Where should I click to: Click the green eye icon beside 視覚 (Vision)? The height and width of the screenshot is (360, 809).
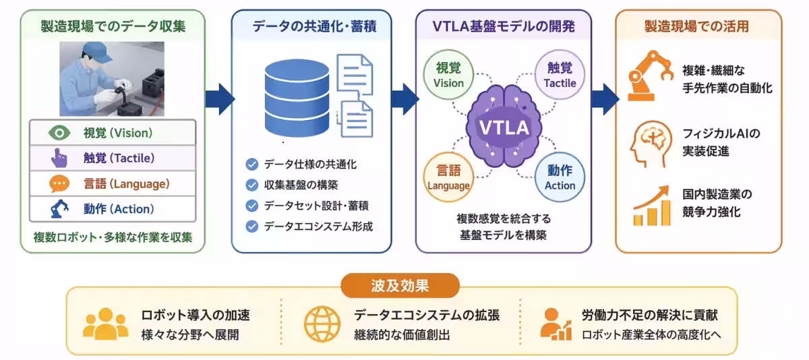click(x=59, y=133)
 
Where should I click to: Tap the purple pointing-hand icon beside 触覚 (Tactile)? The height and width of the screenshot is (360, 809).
click(x=59, y=158)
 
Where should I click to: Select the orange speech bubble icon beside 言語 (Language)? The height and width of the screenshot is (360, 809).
click(x=59, y=184)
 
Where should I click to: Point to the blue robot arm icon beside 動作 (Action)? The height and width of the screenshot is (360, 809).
click(x=59, y=209)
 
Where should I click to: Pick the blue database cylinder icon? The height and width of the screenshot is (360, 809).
click(x=297, y=98)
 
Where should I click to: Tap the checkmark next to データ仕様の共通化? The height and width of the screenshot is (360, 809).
click(x=251, y=164)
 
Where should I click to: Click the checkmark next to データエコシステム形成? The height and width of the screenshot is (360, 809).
click(x=251, y=227)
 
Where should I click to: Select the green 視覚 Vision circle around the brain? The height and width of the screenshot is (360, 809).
click(x=448, y=75)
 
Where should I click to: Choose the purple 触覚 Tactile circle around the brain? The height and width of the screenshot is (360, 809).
click(x=560, y=75)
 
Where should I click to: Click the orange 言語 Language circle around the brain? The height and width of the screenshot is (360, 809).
click(x=448, y=177)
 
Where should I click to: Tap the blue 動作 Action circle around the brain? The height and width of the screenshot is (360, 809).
click(x=560, y=177)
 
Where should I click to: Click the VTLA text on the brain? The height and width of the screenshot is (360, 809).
click(x=504, y=127)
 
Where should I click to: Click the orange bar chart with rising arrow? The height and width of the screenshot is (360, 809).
click(x=652, y=206)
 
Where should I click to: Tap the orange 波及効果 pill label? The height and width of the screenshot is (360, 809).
click(x=400, y=286)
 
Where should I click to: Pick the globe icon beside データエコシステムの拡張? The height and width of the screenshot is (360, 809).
click(x=322, y=324)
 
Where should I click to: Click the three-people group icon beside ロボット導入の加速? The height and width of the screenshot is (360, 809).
click(x=105, y=324)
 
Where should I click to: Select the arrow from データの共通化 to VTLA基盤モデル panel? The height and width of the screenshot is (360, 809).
click(x=405, y=99)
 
